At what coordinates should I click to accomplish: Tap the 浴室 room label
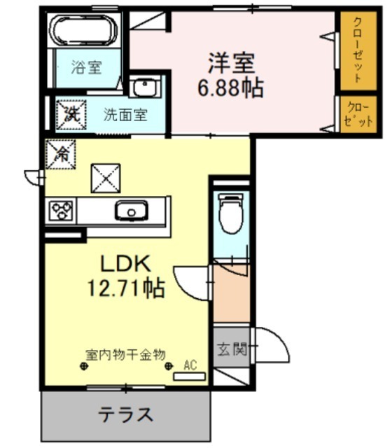[x=86, y=67]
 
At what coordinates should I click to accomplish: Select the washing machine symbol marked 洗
[x=71, y=115]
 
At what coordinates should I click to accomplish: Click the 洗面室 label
[x=125, y=115]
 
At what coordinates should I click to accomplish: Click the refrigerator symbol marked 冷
[x=61, y=154]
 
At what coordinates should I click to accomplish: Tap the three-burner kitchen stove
[x=61, y=211]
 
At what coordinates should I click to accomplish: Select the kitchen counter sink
[x=132, y=211]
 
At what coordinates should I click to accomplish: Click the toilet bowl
[x=231, y=213]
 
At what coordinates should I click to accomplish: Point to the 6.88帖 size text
[x=230, y=88]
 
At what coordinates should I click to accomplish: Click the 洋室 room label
[x=231, y=64]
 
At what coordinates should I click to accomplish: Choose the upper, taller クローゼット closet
[x=358, y=51]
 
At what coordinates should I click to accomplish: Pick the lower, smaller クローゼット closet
[x=358, y=114]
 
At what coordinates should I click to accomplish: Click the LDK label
[x=125, y=264]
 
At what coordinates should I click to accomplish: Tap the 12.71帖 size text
[x=126, y=288]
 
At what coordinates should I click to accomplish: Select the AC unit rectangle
[x=190, y=377]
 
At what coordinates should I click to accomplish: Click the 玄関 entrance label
[x=232, y=349]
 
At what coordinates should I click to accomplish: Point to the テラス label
[x=125, y=415]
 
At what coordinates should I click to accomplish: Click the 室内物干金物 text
[x=126, y=355]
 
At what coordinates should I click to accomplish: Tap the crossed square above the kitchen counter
[x=106, y=178]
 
